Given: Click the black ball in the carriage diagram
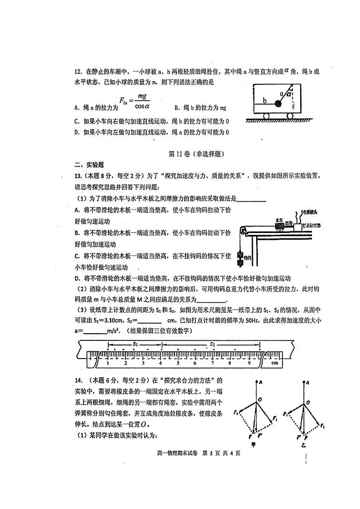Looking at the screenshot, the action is [x=278, y=104].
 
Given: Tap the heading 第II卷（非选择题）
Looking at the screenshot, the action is [x=196, y=154].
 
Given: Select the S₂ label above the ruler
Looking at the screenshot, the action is [x=212, y=344].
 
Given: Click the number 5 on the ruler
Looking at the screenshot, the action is [x=177, y=363].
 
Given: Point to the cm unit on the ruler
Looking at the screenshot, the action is [x=274, y=363].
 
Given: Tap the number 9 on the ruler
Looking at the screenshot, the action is [x=248, y=363].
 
